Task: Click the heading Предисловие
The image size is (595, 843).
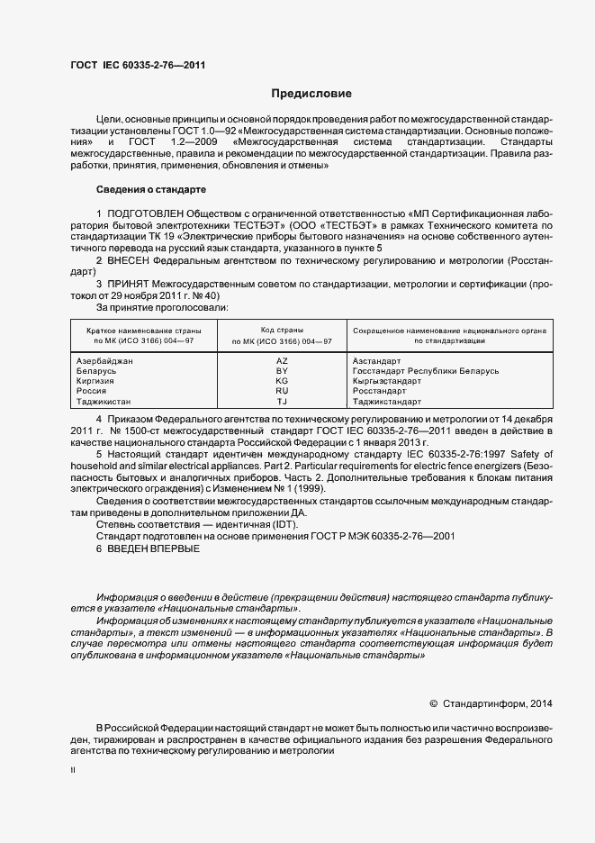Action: (x=312, y=94)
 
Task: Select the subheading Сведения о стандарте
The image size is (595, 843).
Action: (x=151, y=189)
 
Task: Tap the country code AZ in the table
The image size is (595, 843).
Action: (x=282, y=360)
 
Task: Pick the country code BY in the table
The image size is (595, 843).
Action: (x=282, y=371)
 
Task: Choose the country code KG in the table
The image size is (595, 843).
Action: (x=282, y=381)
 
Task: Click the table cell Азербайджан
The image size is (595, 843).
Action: (x=106, y=360)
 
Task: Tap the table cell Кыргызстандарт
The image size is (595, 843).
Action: (x=387, y=381)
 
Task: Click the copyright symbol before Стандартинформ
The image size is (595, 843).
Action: (x=433, y=703)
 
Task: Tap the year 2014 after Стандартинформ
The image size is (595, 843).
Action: (x=543, y=703)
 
